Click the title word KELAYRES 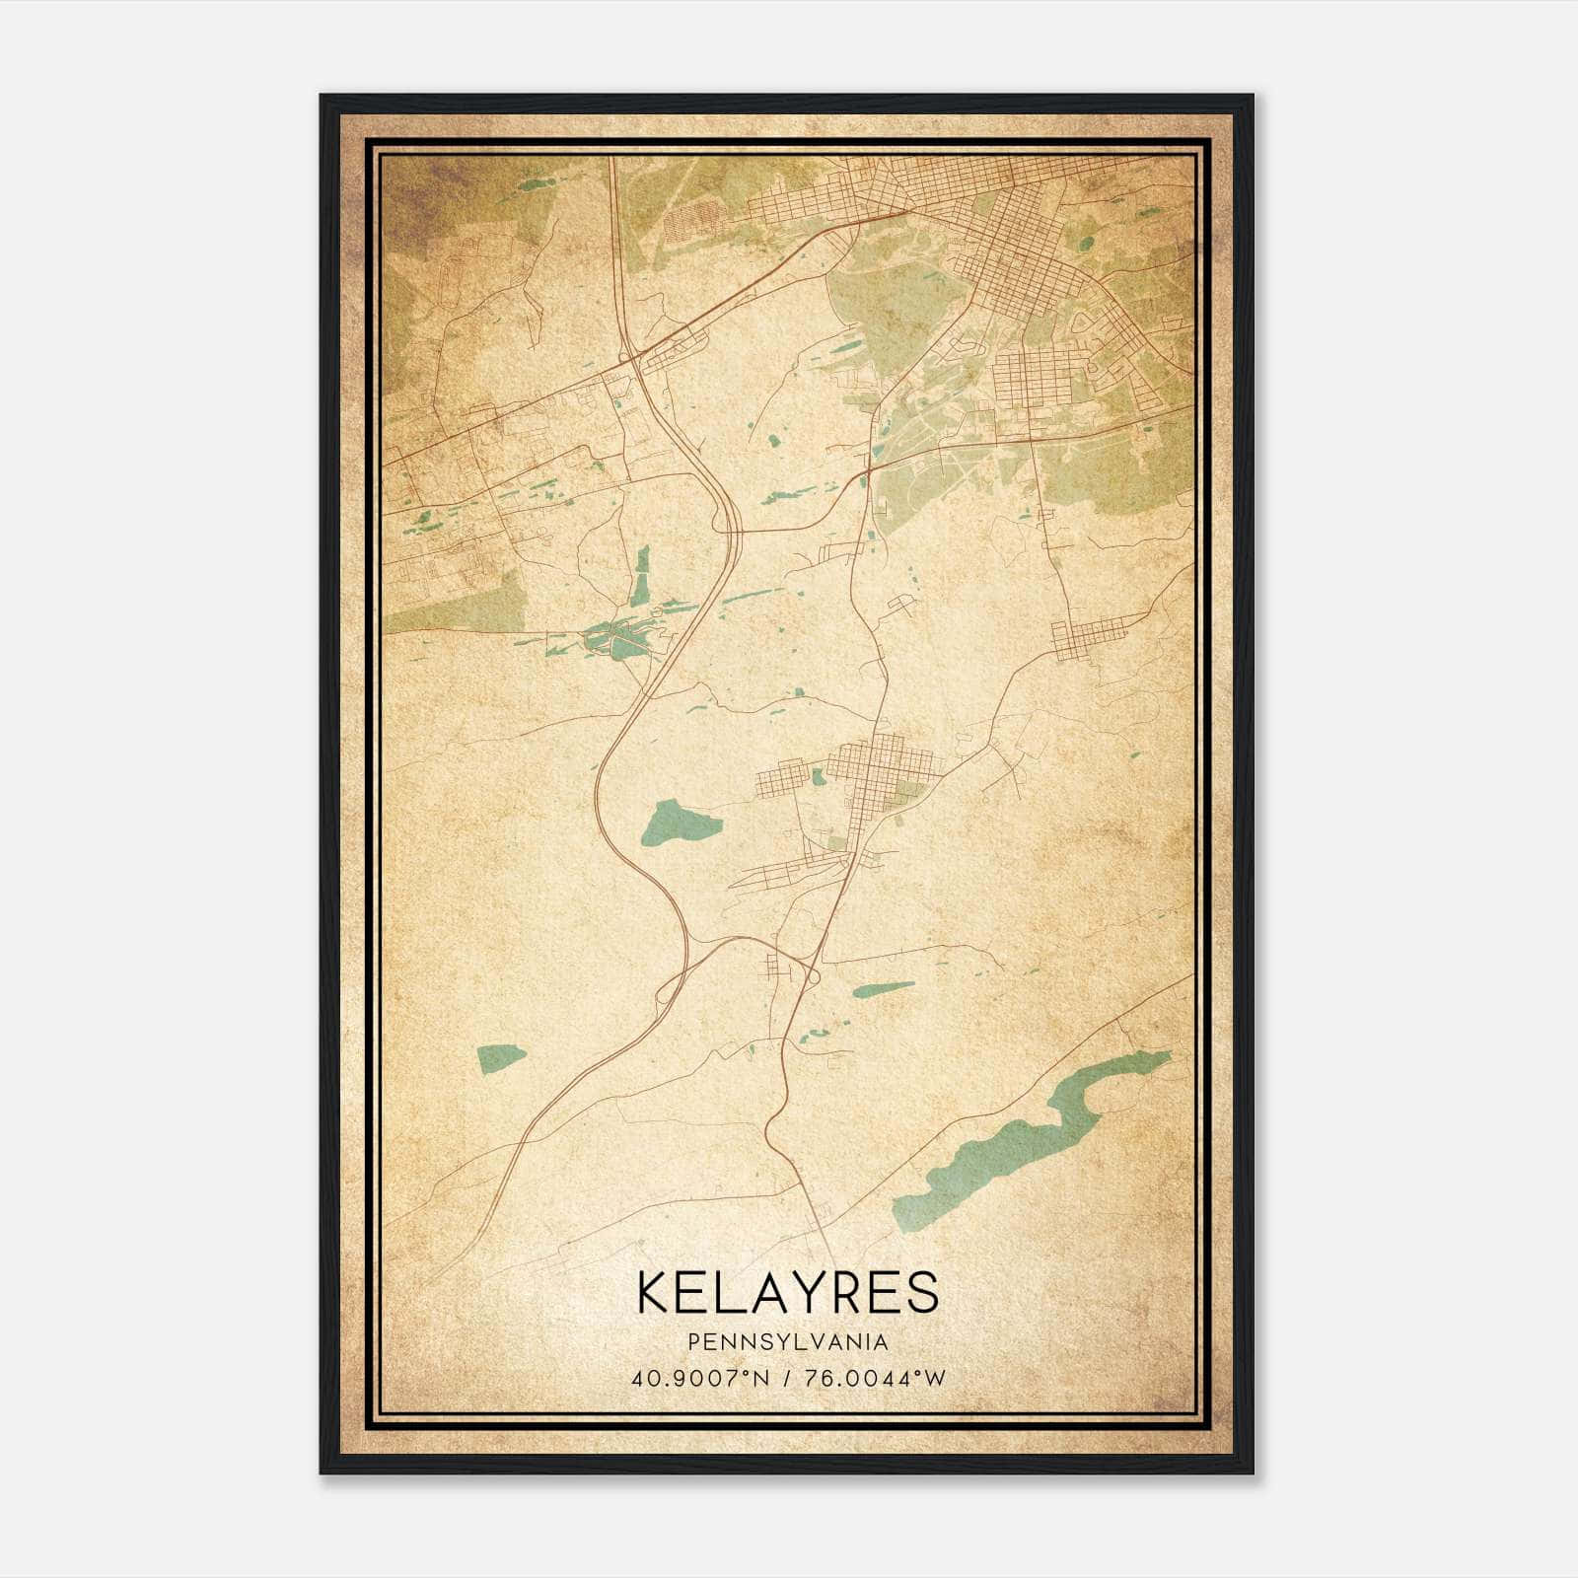click(x=788, y=1292)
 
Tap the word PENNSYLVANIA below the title click(x=788, y=1342)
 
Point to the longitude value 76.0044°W click(x=876, y=1378)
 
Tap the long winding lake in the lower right click(x=1026, y=1144)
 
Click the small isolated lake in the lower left click(x=501, y=1058)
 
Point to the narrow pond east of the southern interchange click(x=883, y=988)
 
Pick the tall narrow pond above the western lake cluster click(x=642, y=577)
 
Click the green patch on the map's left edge click(x=454, y=602)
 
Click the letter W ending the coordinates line click(x=936, y=1378)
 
